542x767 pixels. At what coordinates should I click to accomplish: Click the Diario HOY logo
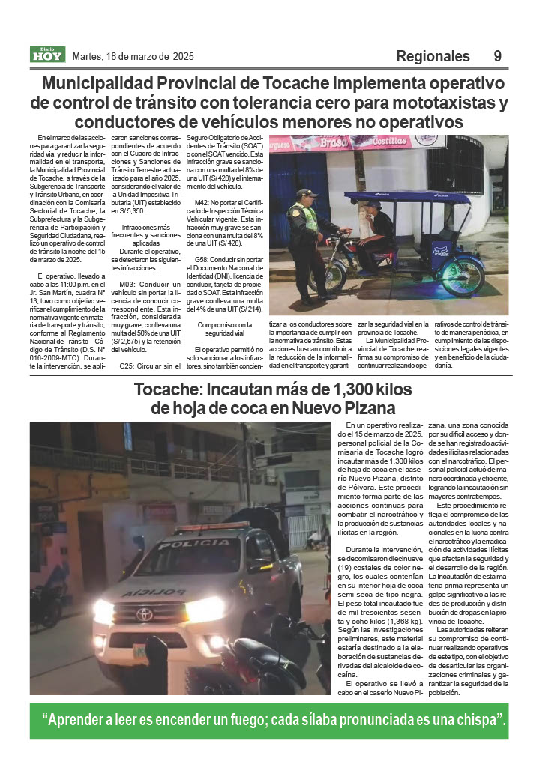tap(48, 55)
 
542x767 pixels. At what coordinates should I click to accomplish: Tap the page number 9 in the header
tap(498, 56)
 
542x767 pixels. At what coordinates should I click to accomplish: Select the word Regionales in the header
tap(433, 56)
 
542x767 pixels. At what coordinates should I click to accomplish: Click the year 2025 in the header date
tap(183, 56)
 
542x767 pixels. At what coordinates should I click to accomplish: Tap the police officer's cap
tap(304, 193)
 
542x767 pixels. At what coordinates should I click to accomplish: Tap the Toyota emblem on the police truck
tap(144, 614)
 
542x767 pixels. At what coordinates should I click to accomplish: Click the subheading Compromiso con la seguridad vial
tap(220, 329)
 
